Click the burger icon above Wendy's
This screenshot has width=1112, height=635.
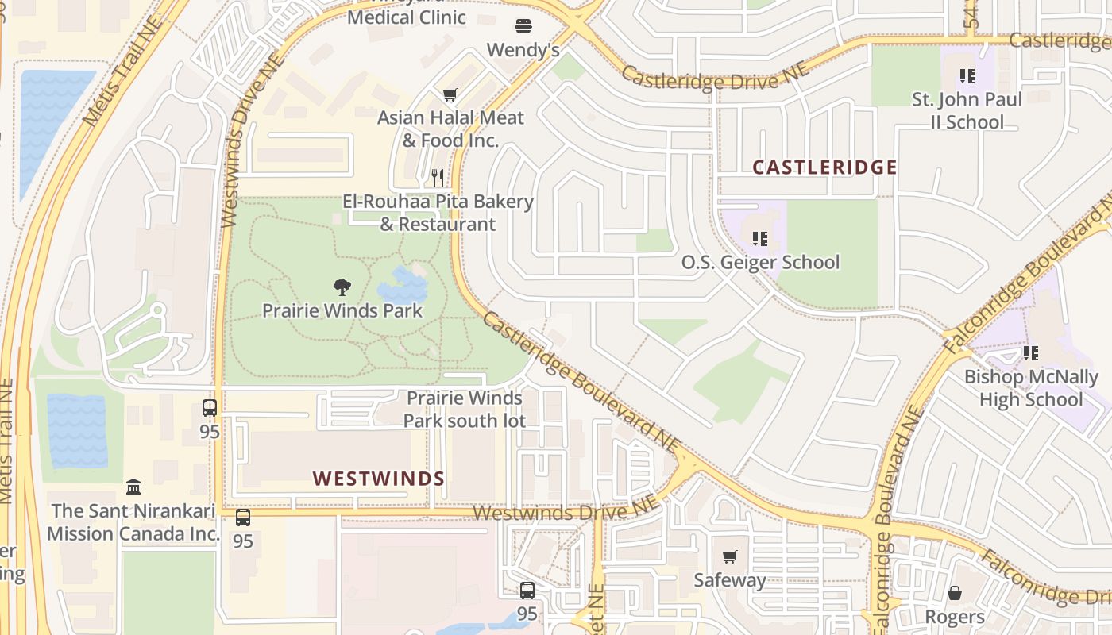coord(523,26)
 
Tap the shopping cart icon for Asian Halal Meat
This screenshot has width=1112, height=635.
coord(450,95)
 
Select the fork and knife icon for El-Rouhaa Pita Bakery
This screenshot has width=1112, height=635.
coord(438,178)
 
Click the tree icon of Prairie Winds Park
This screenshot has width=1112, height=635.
coord(342,287)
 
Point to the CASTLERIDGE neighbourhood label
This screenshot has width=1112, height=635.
coord(824,167)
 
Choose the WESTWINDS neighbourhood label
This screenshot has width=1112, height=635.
coord(379,479)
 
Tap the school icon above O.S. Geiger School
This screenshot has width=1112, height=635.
coord(759,238)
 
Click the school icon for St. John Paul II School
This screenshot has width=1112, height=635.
coord(967,76)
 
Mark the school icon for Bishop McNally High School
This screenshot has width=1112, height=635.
coord(1030,353)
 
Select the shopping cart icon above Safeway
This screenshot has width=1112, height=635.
coord(730,556)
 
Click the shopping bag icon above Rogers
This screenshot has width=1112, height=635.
coord(955,593)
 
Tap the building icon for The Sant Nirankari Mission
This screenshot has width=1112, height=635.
coord(133,486)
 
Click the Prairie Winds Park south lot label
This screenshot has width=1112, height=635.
coord(465,409)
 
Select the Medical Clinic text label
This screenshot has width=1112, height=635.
coord(407,17)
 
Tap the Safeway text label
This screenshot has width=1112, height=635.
coord(730,580)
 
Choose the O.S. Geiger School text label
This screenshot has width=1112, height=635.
coord(760,262)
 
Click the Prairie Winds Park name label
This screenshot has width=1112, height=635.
coord(342,310)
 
